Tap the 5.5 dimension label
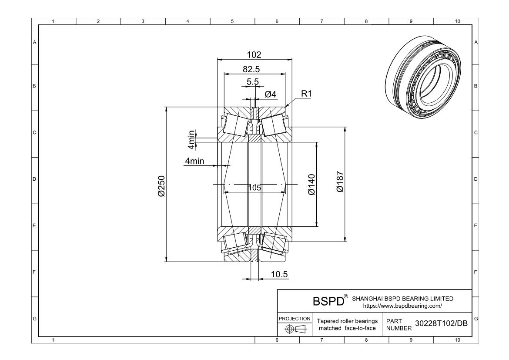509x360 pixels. click(x=253, y=81)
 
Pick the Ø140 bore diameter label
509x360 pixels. click(x=311, y=185)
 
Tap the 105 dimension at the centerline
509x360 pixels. click(x=254, y=188)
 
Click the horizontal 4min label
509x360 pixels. click(x=194, y=161)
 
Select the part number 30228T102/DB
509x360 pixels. click(x=442, y=323)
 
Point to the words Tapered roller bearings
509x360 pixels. click(x=347, y=321)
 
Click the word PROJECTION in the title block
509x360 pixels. click(x=294, y=318)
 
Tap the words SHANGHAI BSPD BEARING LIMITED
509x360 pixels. click(x=402, y=299)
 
